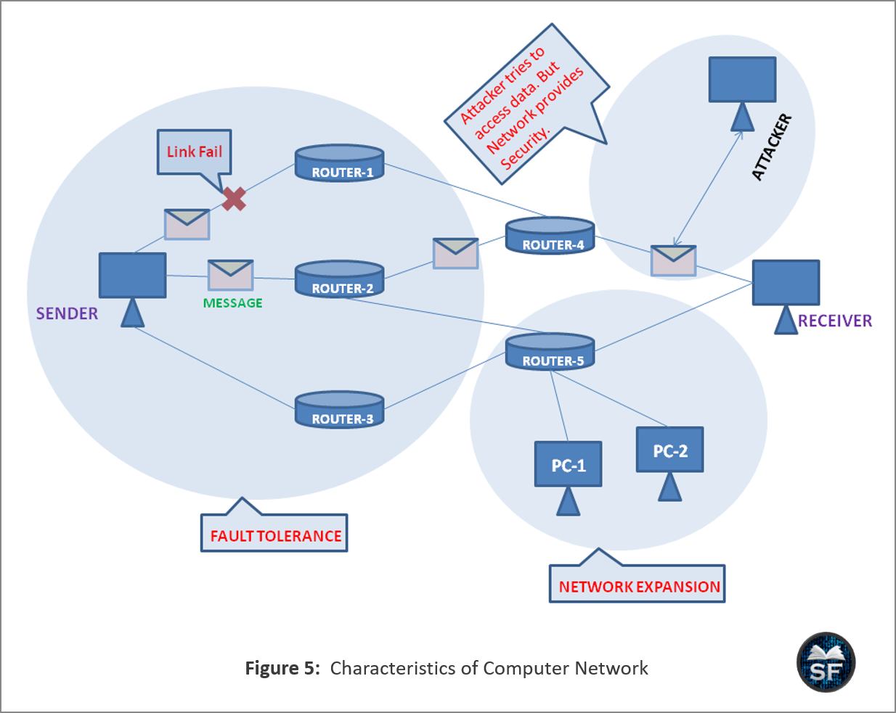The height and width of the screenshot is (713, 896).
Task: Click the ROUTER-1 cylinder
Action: [339, 164]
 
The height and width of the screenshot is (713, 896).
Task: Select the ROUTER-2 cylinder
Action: [339, 280]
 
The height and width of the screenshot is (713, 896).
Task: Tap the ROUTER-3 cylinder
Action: [339, 411]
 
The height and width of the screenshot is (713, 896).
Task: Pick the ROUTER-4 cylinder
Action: [550, 236]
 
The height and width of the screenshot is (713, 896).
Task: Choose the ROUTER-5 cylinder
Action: [550, 353]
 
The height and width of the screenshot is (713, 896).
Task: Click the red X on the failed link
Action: [234, 198]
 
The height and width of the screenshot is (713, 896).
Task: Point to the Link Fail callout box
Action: [195, 152]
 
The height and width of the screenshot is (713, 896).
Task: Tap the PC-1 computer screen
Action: [568, 464]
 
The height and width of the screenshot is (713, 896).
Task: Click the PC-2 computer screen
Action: [669, 450]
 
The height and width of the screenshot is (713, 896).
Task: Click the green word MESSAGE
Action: [232, 303]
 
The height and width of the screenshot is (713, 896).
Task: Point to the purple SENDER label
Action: [67, 313]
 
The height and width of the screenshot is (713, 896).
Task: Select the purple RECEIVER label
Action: [835, 321]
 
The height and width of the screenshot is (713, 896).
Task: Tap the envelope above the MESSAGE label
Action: [230, 275]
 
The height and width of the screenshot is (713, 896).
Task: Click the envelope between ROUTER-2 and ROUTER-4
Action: [455, 253]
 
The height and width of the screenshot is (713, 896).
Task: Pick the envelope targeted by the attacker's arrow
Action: [673, 260]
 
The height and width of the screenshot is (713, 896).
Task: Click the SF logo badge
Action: [826, 662]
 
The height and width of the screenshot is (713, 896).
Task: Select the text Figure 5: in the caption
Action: [282, 668]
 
